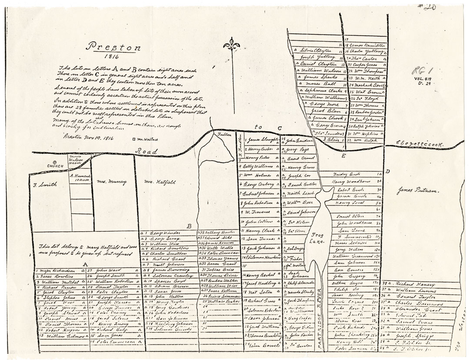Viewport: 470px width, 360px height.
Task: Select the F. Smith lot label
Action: (x=45, y=184)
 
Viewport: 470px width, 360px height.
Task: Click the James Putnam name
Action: (x=418, y=190)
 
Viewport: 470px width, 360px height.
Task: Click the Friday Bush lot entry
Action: (x=345, y=173)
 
